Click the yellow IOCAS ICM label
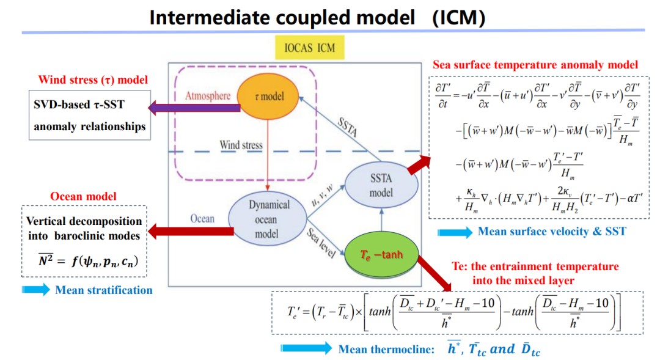[x=310, y=48]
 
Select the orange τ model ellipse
[x=268, y=97]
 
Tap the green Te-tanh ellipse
[x=381, y=255]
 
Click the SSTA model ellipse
[x=381, y=185]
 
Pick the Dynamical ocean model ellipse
[x=267, y=219]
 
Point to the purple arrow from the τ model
[x=194, y=108]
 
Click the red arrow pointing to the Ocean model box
[x=191, y=231]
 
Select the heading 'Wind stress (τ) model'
[x=93, y=79]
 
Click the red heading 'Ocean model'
[x=83, y=196]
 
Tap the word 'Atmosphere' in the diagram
[x=208, y=96]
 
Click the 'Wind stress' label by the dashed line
[x=241, y=145]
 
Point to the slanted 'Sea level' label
[x=321, y=243]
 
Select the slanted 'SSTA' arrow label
[x=348, y=127]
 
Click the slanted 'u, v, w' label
[x=322, y=195]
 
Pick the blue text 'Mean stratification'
[x=104, y=290]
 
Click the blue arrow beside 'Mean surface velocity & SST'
[x=455, y=232]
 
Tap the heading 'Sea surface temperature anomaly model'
[x=535, y=65]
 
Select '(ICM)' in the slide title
[x=459, y=18]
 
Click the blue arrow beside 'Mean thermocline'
[x=306, y=348]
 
